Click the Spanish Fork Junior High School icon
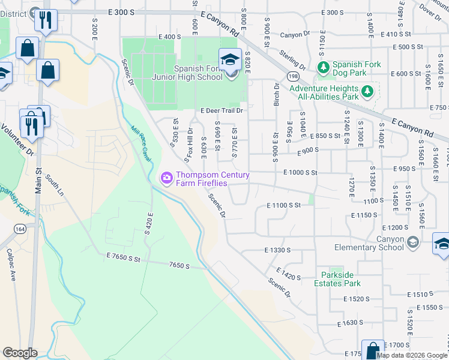(230, 59)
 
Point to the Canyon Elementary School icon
(412, 242)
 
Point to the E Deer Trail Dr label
(221, 110)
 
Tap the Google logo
(20, 353)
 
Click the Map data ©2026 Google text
(412, 355)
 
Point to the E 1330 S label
(277, 250)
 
